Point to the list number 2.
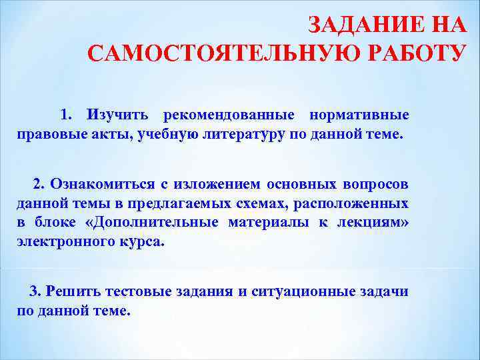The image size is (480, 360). (37, 183)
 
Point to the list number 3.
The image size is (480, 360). (36, 291)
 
